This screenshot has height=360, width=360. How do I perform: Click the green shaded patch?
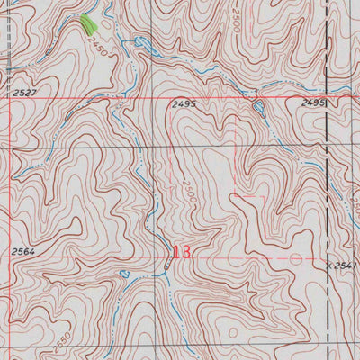tap(88, 24)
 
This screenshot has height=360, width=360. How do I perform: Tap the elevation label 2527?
tap(26, 92)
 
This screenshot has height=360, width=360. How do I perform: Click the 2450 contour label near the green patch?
tap(98, 52)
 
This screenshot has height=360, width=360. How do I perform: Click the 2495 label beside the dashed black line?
tap(312, 104)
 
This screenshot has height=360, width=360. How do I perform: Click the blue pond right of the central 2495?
tap(259, 108)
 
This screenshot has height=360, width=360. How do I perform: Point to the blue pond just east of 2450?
tap(139, 42)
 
